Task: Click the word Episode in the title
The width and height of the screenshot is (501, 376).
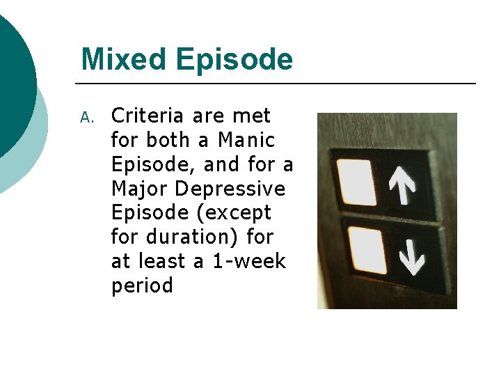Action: pos(234,61)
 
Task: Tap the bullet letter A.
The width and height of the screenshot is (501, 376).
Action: pos(86,117)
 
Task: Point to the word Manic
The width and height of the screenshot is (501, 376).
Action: pos(246,140)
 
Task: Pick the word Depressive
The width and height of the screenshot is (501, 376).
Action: pos(230,189)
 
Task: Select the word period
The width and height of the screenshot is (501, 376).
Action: pos(142,286)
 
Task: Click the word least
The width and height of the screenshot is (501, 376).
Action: pos(163,261)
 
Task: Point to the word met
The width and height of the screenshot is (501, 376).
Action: pos(252,116)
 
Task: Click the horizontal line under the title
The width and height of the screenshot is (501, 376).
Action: pos(278,84)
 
